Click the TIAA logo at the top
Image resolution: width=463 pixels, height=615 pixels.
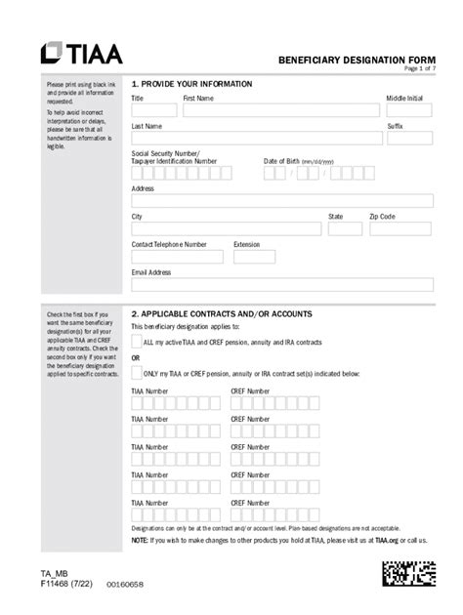pyautogui.click(x=80, y=54)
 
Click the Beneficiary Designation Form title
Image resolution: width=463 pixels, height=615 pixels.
pyautogui.click(x=357, y=60)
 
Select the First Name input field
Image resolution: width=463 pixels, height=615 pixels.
pyautogui.click(x=280, y=110)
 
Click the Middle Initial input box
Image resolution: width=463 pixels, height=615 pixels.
pyautogui.click(x=409, y=110)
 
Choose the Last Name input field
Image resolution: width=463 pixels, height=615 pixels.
pyautogui.click(x=257, y=139)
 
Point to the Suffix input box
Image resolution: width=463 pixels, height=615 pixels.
pyautogui.click(x=409, y=139)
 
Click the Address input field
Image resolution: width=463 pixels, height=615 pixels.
pyautogui.click(x=281, y=201)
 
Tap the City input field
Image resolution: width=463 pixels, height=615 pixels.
pyautogui.click(x=226, y=228)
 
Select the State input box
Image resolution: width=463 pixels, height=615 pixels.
pyautogui.click(x=345, y=228)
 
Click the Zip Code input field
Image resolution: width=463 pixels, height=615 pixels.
pyautogui.click(x=400, y=228)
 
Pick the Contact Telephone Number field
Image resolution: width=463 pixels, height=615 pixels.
pyautogui.click(x=177, y=257)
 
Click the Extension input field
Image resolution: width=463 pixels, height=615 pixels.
pyautogui.click(x=254, y=257)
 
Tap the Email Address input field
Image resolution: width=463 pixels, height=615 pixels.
pyautogui.click(x=281, y=285)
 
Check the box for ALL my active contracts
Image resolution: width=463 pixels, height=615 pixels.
pyautogui.click(x=137, y=341)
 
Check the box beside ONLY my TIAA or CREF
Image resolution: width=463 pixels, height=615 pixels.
pyautogui.click(x=137, y=372)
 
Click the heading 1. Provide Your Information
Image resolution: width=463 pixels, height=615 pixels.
pyautogui.click(x=191, y=84)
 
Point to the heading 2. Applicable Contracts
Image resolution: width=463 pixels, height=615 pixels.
pyautogui.click(x=222, y=314)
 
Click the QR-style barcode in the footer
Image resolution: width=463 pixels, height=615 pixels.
pyautogui.click(x=408, y=573)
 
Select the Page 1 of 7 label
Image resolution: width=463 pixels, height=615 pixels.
pyautogui.click(x=419, y=69)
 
